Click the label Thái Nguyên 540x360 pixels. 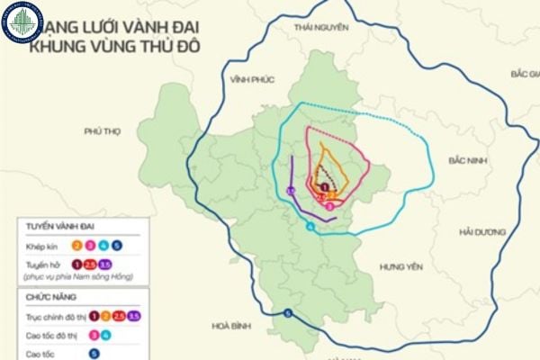point(319,28)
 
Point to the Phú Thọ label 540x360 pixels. point(102,131)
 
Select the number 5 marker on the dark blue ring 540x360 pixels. point(288,313)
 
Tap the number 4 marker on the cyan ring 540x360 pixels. point(310,227)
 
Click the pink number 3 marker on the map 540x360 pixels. point(330,206)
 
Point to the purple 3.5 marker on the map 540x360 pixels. point(291,191)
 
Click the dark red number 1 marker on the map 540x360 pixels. point(324,186)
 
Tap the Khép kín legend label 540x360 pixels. point(42,245)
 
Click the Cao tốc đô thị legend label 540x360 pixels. point(53,335)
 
